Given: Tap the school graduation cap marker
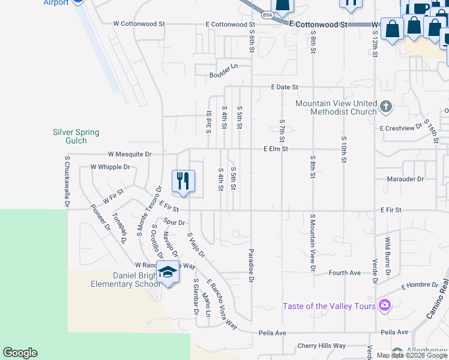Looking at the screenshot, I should point(168,272).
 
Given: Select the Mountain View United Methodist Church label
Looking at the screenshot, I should point(336,107).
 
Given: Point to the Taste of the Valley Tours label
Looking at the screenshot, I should point(330,306).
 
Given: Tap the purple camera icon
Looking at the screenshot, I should point(384,305).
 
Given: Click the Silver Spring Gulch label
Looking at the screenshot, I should point(76,136).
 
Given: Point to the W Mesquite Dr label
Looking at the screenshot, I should point(130,154).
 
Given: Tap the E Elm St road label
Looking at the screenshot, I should point(276,149).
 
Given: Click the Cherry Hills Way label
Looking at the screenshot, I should point(322,346).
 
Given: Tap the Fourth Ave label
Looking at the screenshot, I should point(345,273).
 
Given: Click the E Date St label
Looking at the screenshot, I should point(285,87).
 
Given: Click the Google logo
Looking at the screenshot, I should point(20,353).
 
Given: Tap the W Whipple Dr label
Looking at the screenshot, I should point(110,167).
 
